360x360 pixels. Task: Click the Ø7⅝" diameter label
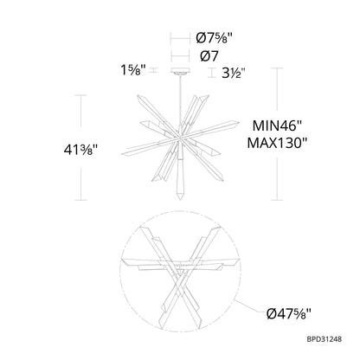(x=214, y=38)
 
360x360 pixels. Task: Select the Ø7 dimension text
(x=209, y=56)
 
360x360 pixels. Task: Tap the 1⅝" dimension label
(x=133, y=70)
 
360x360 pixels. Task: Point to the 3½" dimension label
(x=234, y=74)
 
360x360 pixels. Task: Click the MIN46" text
(x=277, y=125)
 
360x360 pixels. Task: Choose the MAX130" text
(x=277, y=143)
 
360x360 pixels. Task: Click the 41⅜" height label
(x=80, y=150)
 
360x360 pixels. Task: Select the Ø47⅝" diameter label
(x=289, y=314)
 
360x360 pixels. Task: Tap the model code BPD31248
(x=324, y=339)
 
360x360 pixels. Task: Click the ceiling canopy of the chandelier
(x=180, y=71)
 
